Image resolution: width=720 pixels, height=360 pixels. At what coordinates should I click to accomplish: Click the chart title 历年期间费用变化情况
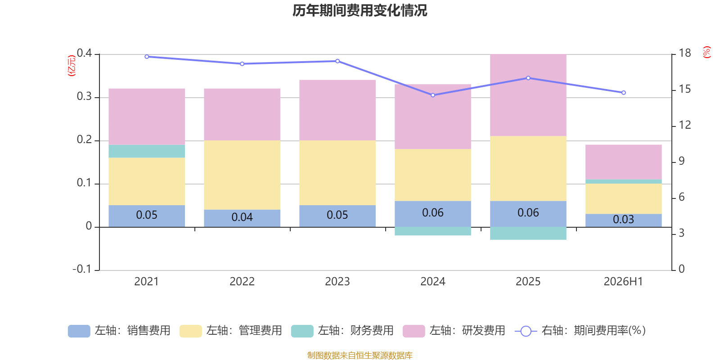360,10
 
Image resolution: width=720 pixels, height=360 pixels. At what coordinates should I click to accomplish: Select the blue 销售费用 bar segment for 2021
147,216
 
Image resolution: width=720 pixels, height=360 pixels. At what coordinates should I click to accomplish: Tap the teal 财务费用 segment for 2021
147,151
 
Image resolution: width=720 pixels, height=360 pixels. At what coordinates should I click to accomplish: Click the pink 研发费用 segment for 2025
528,95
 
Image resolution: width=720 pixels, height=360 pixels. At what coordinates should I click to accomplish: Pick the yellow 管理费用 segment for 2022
242,175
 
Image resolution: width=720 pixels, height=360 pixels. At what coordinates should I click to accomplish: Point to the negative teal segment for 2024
432,231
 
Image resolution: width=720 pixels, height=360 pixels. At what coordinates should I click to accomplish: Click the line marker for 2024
432,95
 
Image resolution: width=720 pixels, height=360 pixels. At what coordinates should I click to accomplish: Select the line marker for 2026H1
624,93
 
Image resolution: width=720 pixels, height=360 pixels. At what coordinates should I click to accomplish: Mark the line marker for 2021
147,57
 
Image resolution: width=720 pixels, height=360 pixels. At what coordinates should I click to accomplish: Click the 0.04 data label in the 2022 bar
242,217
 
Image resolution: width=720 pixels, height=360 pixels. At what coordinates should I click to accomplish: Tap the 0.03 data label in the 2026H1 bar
624,220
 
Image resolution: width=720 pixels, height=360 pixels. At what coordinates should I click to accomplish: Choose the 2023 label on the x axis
337,282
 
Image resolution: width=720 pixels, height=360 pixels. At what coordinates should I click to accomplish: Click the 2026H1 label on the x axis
623,282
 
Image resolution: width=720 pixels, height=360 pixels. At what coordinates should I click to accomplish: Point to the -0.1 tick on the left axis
82,269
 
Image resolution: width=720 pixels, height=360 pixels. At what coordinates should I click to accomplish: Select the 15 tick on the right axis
684,89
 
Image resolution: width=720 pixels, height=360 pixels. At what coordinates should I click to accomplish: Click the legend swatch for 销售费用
79,331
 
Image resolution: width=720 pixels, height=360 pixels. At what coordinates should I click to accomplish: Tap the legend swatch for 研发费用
414,331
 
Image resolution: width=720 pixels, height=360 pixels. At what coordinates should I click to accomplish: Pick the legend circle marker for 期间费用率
526,331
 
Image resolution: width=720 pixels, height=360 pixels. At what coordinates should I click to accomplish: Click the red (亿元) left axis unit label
72,66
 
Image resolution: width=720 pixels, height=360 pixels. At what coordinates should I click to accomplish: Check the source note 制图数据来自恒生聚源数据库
360,355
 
